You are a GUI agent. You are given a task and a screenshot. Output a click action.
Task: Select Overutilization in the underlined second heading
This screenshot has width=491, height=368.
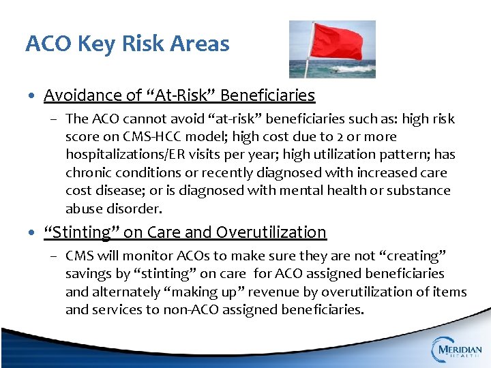pyautogui.click(x=271, y=232)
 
